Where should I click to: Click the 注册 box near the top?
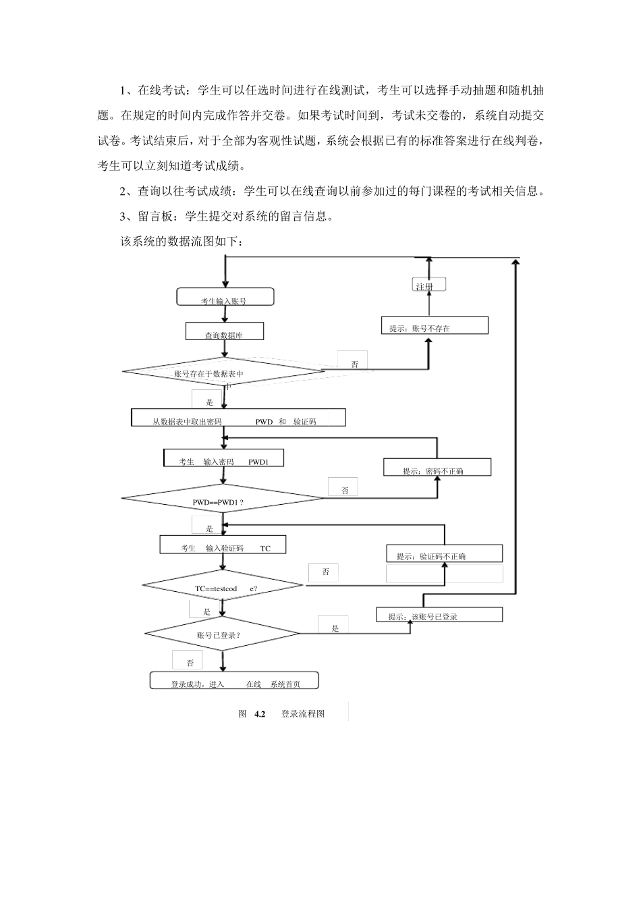pyautogui.click(x=428, y=285)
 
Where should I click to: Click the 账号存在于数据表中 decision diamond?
pyautogui.click(x=223, y=372)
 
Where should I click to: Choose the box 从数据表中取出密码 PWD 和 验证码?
pyautogui.click(x=238, y=418)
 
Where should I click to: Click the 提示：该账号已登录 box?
pyautogui.click(x=439, y=615)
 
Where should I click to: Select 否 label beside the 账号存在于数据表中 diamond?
pyautogui.click(x=354, y=364)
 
